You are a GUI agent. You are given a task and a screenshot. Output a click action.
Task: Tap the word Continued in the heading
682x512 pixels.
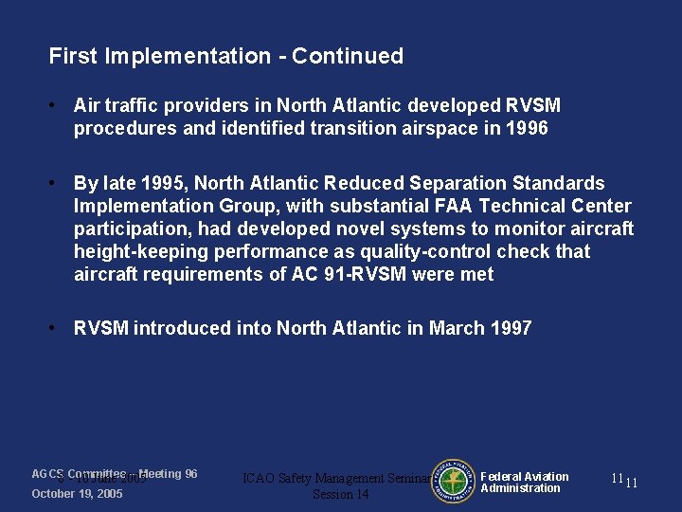coord(348,56)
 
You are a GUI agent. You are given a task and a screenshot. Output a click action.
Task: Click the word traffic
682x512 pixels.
coord(127,105)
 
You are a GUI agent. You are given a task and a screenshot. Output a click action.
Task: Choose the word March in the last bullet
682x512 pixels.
coord(458,328)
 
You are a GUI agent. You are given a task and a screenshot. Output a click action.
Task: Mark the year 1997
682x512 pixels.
coord(511,328)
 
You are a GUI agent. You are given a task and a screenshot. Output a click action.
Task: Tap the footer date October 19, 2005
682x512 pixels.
coord(77,494)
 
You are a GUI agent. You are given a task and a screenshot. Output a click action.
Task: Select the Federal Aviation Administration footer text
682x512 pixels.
coord(524,483)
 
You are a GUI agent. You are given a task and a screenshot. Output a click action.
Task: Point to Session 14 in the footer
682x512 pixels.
coord(341,494)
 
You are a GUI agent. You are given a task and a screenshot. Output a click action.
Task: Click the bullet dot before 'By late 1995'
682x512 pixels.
coord(55,183)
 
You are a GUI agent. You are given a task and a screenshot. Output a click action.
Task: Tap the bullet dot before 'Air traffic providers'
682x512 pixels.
coord(55,105)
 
